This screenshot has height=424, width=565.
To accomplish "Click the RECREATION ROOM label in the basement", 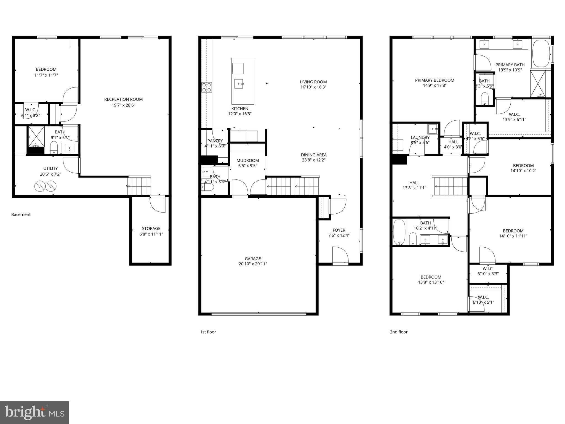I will point(123,99).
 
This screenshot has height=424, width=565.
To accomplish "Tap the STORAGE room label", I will point(151,229).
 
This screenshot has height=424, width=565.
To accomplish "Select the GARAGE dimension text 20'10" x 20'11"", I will point(253,264).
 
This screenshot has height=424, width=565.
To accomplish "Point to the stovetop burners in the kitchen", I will point(207,87).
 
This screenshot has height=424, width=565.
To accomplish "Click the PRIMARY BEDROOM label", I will point(435,80).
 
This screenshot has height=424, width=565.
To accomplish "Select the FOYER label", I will point(339,230).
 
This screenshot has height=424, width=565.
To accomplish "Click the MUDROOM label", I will point(248,160).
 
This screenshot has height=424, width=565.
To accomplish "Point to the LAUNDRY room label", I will point(420,137).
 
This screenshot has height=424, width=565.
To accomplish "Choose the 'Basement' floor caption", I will point(21,214).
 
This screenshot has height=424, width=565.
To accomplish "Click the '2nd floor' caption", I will point(399,332).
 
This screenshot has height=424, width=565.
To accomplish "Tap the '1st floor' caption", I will point(208,332).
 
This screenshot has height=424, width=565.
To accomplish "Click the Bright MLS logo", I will point(34,412).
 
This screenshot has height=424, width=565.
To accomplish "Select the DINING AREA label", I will point(314,155).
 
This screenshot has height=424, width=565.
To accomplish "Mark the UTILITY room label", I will point(50,168).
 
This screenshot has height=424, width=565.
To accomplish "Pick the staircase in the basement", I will point(139,186).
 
